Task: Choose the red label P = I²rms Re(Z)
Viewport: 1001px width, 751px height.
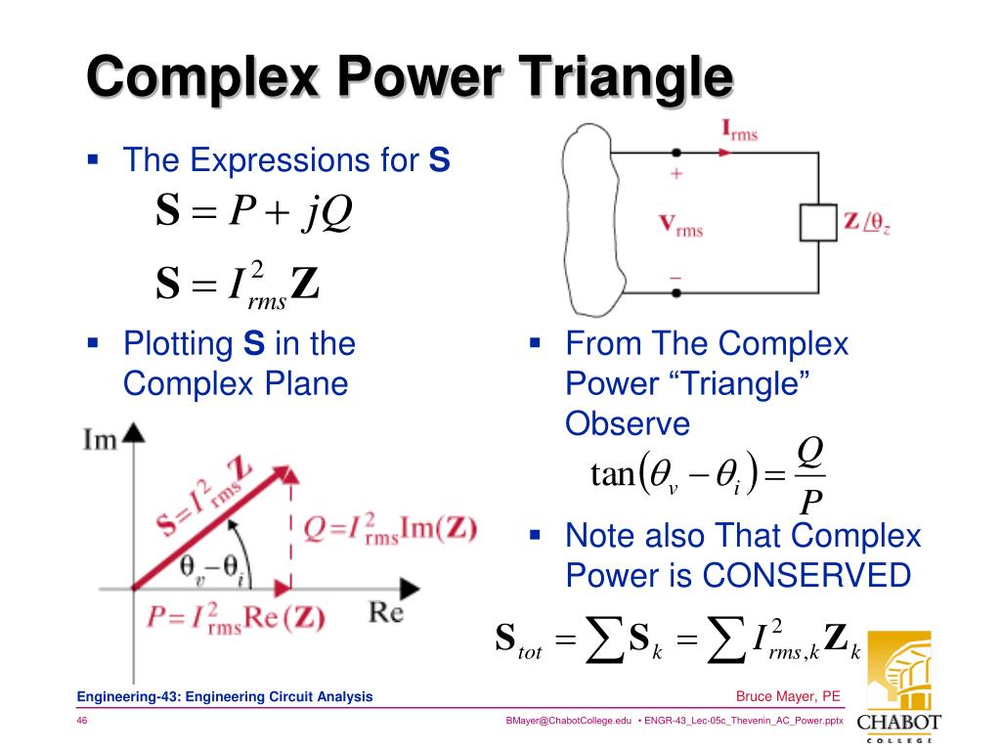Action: [236, 618]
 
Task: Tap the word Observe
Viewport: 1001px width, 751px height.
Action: [628, 423]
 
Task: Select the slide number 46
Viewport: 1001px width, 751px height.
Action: [83, 721]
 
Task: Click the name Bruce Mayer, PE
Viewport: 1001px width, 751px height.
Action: [787, 696]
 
